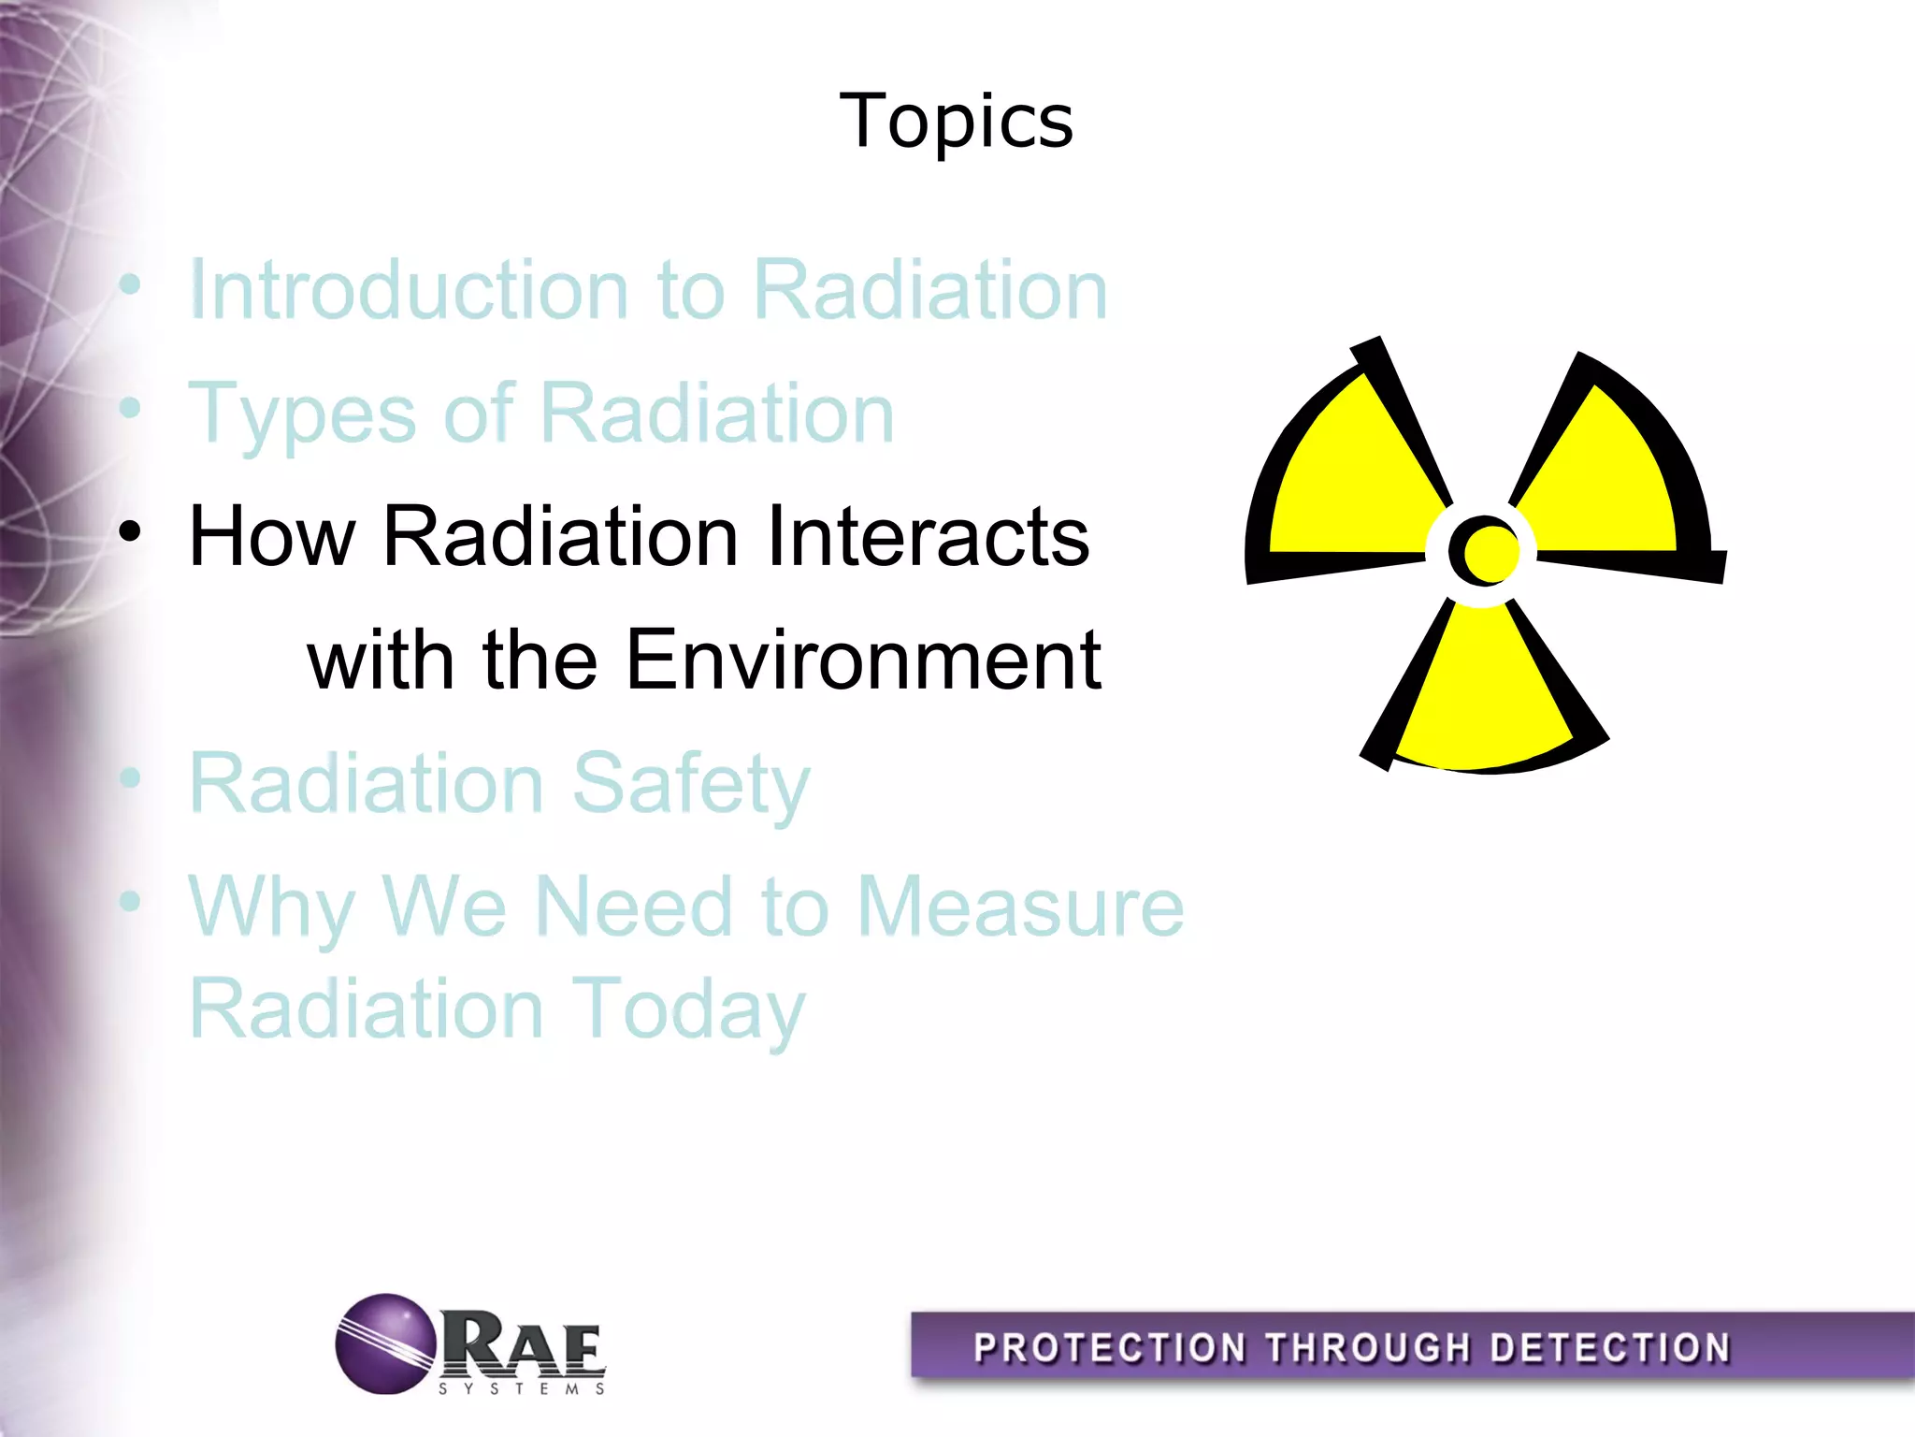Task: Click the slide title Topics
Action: click(956, 122)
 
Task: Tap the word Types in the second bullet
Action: click(302, 414)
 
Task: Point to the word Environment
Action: click(862, 660)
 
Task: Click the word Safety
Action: click(690, 784)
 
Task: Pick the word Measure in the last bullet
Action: click(1019, 907)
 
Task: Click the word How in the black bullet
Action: click(271, 537)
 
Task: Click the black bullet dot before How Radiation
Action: click(130, 532)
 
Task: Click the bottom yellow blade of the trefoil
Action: click(1482, 692)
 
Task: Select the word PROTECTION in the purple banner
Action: click(1109, 1348)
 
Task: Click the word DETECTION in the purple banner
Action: click(1609, 1348)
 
